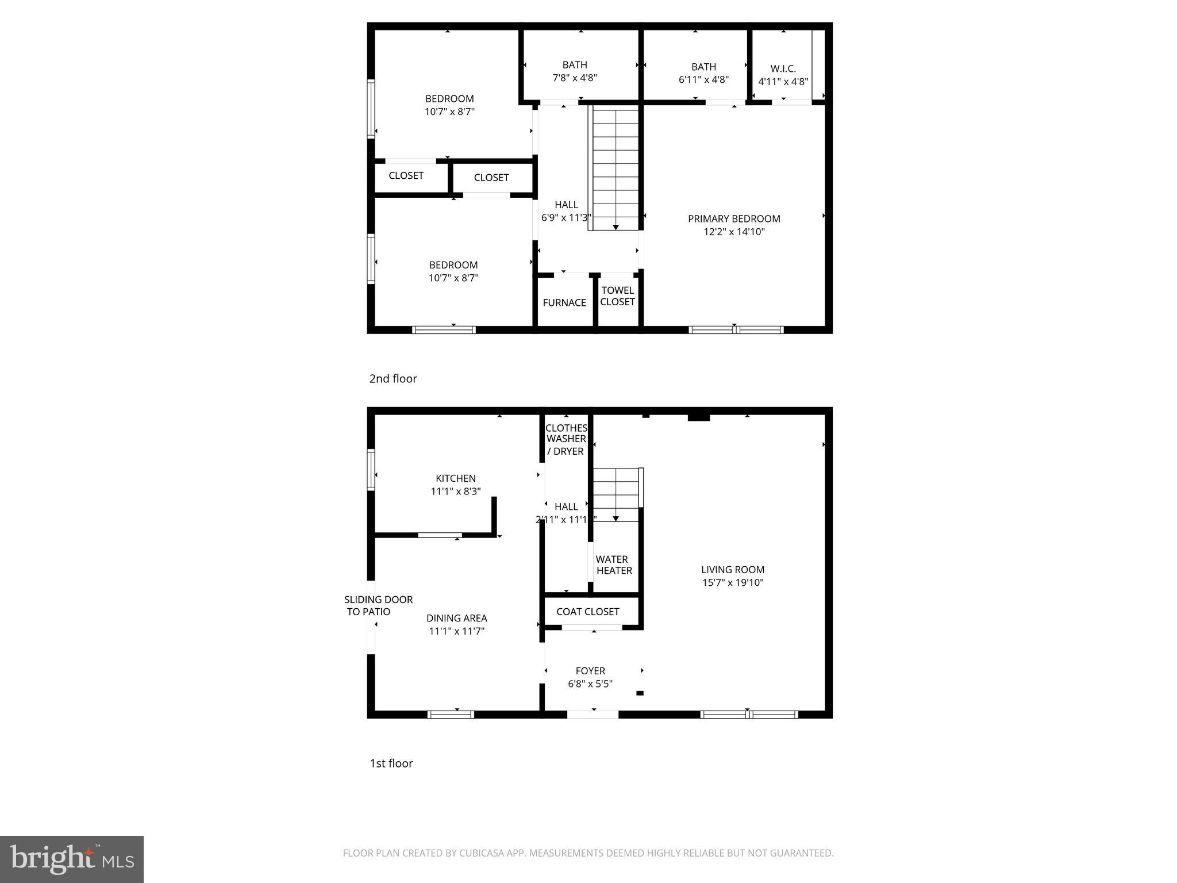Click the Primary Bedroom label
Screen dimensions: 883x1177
tap(734, 219)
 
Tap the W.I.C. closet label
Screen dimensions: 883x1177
tap(783, 69)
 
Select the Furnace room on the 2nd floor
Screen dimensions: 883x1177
tap(564, 302)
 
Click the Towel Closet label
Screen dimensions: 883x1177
tap(617, 296)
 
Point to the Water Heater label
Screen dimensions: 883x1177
tap(613, 565)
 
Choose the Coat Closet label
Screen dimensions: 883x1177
tap(587, 612)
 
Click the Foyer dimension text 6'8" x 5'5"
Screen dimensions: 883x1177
tap(590, 684)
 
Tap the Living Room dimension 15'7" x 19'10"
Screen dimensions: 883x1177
tap(732, 582)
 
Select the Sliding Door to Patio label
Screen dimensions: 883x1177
tap(378, 605)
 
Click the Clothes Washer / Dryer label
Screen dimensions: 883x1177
tap(566, 439)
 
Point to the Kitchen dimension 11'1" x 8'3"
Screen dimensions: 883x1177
tap(455, 492)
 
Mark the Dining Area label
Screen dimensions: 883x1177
tap(456, 618)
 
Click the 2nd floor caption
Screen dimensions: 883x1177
tap(393, 378)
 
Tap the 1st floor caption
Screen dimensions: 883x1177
tap(391, 763)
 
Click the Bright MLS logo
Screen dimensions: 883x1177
tap(72, 859)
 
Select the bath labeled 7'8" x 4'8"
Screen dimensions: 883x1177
tap(575, 71)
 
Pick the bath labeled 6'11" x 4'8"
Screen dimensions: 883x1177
tap(703, 73)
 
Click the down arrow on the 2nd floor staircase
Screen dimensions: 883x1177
tap(616, 228)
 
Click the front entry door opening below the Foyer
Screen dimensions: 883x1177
tap(593, 715)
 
